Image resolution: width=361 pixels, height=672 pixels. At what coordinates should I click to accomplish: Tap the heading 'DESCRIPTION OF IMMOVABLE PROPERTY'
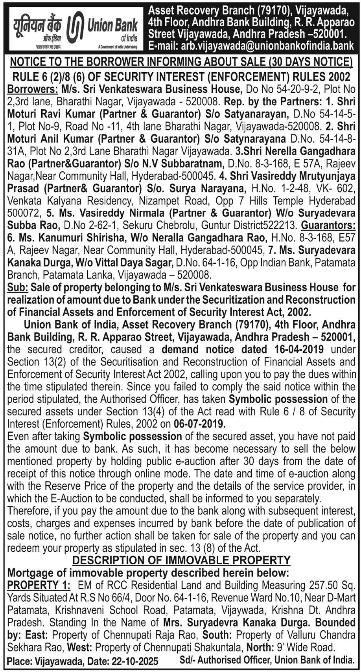181,560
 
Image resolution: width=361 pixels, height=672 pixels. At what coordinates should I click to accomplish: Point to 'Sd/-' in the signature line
187,661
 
